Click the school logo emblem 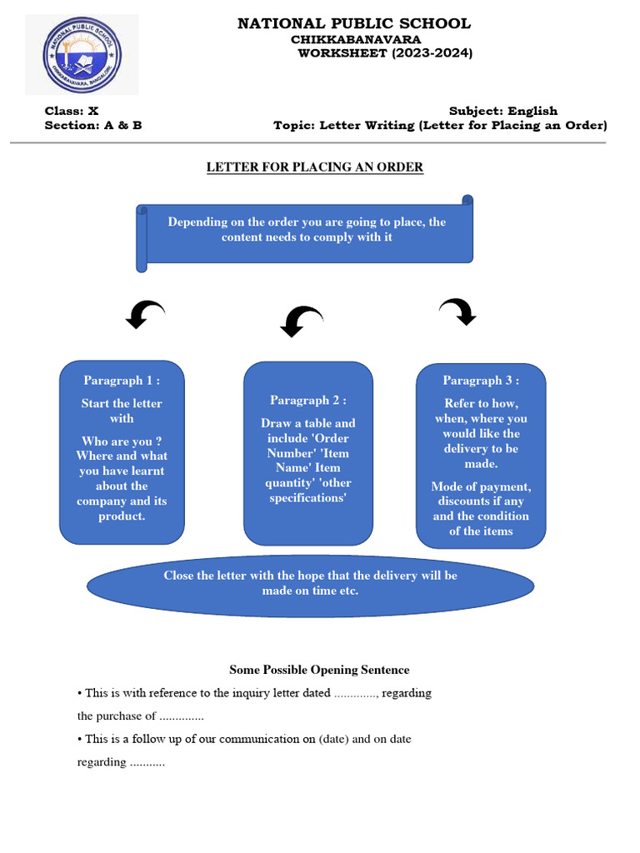82,56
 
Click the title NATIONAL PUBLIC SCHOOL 354,23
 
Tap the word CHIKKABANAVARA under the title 356,39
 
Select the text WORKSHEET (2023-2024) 385,53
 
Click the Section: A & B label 93,126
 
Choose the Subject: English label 503,111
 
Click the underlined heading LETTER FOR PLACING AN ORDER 315,167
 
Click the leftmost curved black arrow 144,314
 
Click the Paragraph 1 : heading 122,381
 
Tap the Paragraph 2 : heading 308,401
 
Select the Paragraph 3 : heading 481,381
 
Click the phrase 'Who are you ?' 122,441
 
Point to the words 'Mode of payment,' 481,486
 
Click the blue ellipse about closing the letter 310,583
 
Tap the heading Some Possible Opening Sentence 319,670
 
